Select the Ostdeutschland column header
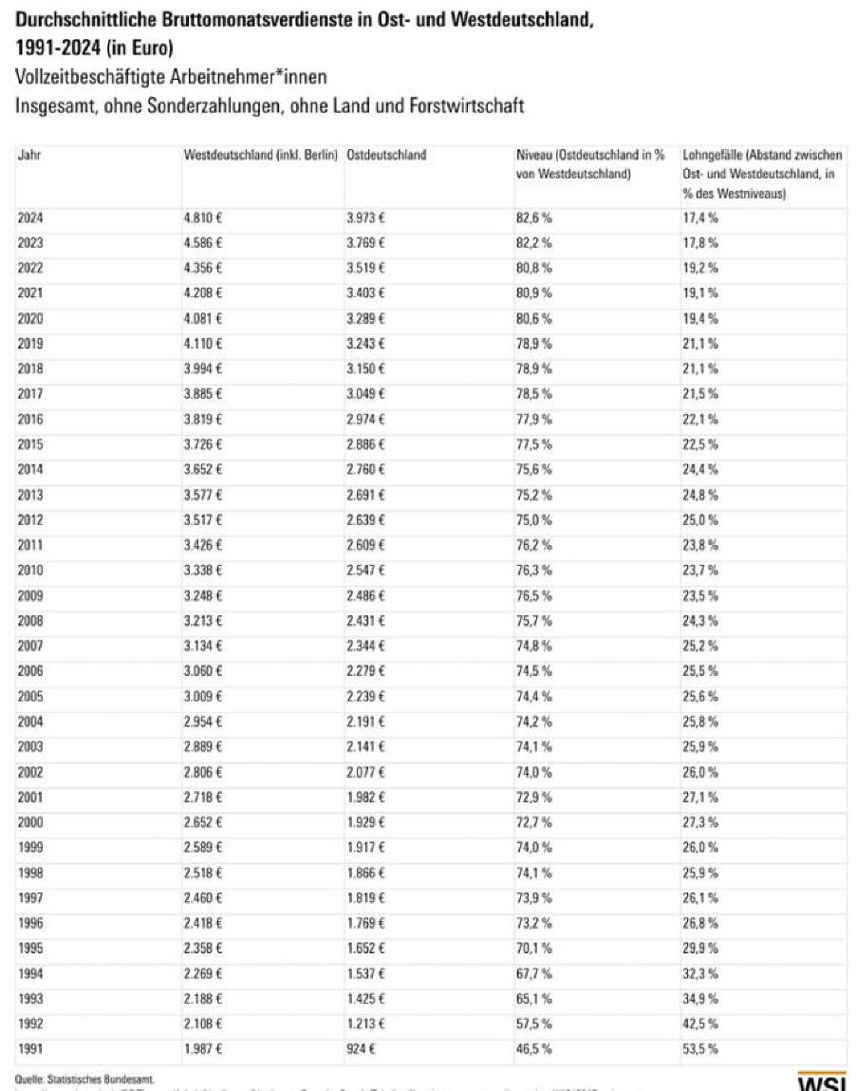(386, 155)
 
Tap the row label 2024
(30, 217)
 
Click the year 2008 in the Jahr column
(30, 620)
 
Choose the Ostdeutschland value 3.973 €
(365, 217)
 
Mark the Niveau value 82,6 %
(533, 217)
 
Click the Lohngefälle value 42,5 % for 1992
(700, 1023)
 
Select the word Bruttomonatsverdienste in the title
(248, 17)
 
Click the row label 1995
(30, 947)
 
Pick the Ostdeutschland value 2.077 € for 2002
(365, 771)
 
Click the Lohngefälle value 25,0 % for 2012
(700, 519)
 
